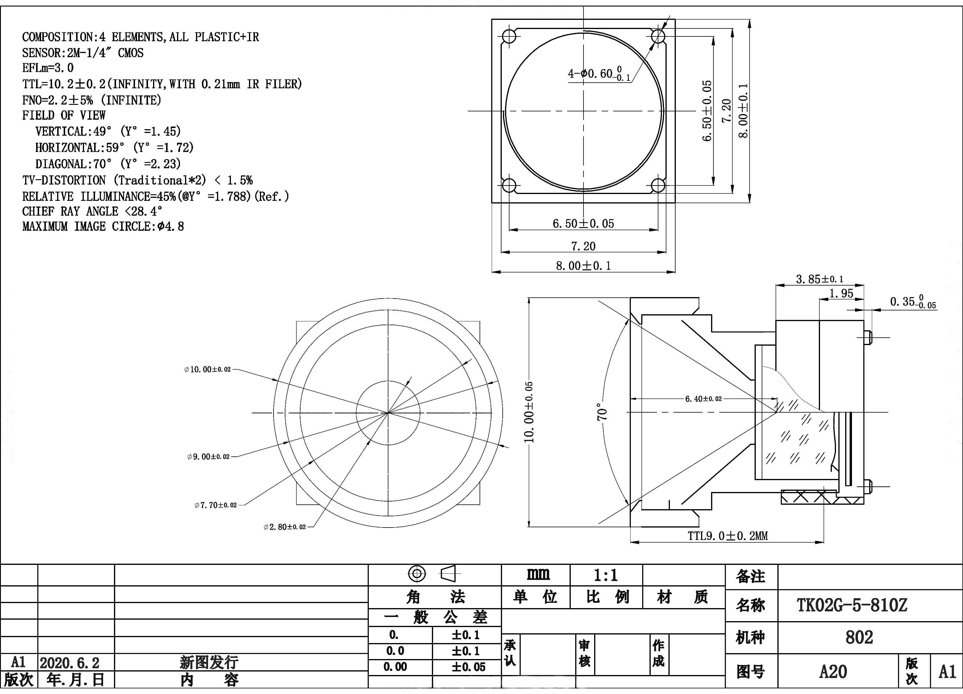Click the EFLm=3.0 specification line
[48, 68]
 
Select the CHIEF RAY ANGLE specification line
[92, 211]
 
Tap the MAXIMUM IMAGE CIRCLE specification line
[103, 226]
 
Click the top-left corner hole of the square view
[509, 36]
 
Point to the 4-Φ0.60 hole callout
[599, 73]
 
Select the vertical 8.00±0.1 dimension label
[743, 110]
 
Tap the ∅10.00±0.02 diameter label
[208, 369]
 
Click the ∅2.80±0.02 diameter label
[284, 527]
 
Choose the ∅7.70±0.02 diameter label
[216, 505]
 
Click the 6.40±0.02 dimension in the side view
[703, 399]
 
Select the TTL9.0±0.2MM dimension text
[728, 536]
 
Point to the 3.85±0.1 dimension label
[819, 279]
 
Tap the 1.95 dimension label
[841, 294]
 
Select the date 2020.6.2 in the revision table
[70, 663]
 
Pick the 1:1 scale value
[605, 576]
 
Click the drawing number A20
[833, 672]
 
